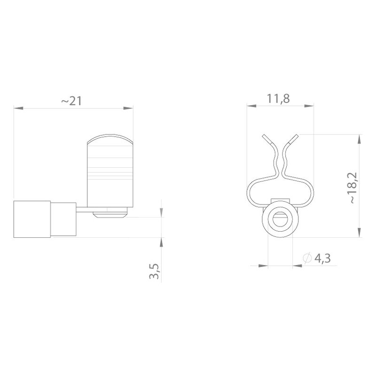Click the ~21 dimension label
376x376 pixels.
72,101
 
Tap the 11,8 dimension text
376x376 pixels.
278,99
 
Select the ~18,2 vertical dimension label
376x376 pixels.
353,188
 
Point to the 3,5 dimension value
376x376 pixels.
154,271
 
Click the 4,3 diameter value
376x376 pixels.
322,258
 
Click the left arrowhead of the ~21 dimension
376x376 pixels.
18,108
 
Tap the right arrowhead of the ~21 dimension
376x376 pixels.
128,108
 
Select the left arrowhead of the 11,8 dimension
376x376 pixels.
251,106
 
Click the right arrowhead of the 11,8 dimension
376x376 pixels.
309,106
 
